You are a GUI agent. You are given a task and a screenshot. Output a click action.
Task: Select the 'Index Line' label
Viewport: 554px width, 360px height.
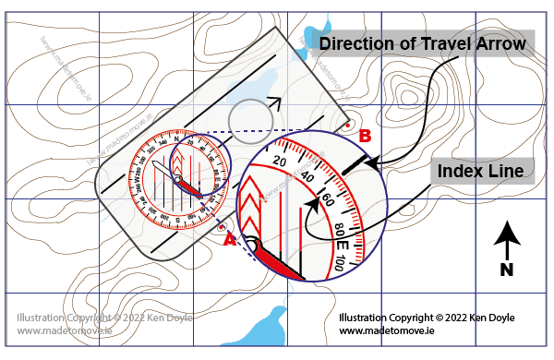(480, 172)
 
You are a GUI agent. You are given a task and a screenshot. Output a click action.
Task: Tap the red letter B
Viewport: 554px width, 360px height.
(366, 136)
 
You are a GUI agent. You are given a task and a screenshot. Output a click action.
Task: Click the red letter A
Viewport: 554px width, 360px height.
(230, 239)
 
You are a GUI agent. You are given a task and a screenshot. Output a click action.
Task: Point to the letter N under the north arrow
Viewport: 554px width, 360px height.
(506, 270)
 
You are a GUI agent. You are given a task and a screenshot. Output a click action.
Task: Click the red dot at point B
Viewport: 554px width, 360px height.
(346, 124)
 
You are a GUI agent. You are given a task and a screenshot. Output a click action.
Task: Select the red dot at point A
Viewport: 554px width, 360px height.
(223, 224)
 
